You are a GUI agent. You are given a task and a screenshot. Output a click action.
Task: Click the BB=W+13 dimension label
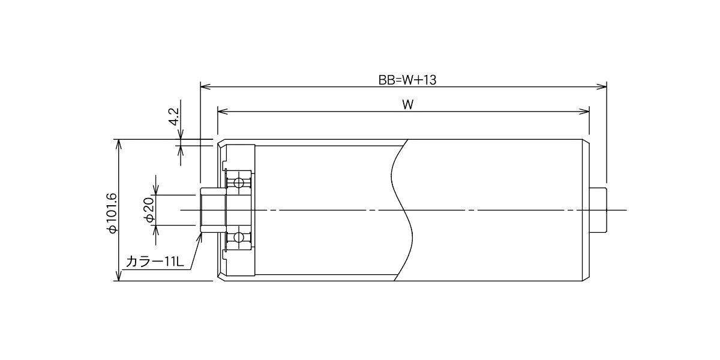pyautogui.click(x=407, y=80)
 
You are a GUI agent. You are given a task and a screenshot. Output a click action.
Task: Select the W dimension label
pyautogui.click(x=407, y=105)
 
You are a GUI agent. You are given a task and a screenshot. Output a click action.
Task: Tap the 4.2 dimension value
pyautogui.click(x=174, y=116)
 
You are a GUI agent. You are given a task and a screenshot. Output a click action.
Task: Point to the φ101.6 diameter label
pyautogui.click(x=112, y=213)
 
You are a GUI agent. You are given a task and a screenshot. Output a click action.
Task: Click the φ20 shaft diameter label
pyautogui.click(x=150, y=210)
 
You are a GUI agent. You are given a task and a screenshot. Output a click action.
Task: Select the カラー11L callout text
pyautogui.click(x=155, y=262)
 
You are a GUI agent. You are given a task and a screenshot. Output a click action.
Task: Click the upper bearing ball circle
pyautogui.click(x=239, y=183)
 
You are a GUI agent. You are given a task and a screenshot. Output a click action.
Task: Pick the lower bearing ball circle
pyautogui.click(x=239, y=237)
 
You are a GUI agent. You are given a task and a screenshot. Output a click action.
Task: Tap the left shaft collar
pyautogui.click(x=213, y=210)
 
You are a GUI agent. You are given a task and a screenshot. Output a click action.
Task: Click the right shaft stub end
pyautogui.click(x=598, y=210)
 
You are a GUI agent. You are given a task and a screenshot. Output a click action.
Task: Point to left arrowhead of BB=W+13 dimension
pyautogui.click(x=205, y=86)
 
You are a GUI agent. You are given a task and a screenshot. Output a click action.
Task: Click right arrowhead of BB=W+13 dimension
pyautogui.click(x=602, y=86)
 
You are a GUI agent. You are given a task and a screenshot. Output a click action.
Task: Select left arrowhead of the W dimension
pyautogui.click(x=223, y=112)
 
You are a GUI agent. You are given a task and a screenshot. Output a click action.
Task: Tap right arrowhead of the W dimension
pyautogui.click(x=584, y=112)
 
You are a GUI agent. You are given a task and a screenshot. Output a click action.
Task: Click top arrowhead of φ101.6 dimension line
pyautogui.click(x=119, y=145)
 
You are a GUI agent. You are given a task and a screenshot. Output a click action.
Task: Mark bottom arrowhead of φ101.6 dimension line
pyautogui.click(x=119, y=276)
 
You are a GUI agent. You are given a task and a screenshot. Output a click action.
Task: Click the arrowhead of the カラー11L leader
pyautogui.click(x=200, y=238)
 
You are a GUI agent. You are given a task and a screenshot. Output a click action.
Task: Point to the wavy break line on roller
pyautogui.click(x=402, y=210)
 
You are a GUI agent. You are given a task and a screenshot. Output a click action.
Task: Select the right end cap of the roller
pyautogui.click(x=586, y=210)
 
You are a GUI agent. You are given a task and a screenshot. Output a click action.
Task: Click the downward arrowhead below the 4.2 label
pyautogui.click(x=181, y=134)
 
